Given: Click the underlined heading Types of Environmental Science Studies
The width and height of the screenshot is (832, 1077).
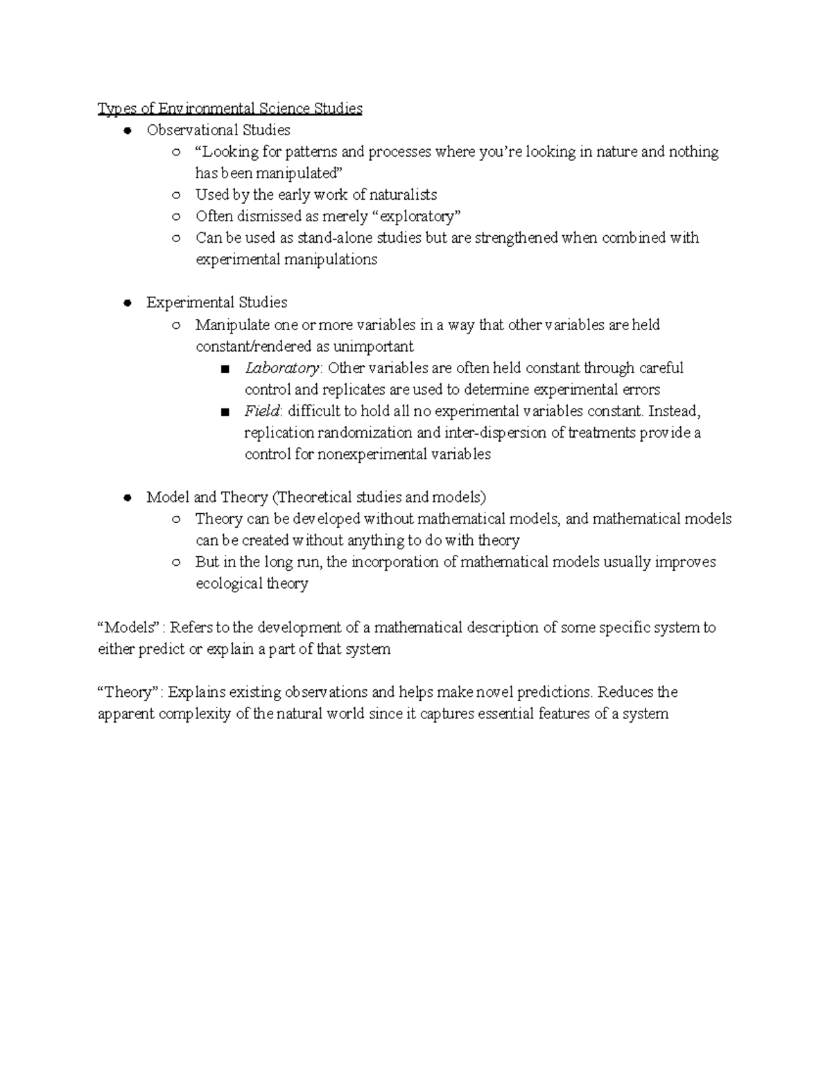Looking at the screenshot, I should [x=229, y=109].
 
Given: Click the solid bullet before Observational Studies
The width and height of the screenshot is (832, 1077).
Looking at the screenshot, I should [x=127, y=130].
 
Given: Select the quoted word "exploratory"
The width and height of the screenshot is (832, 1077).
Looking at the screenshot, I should [x=417, y=216].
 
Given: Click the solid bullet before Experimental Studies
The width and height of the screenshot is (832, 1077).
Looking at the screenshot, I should [x=127, y=303].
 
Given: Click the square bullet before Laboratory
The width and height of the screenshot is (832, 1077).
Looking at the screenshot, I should [x=225, y=369].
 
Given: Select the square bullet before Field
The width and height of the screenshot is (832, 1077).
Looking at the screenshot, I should [x=225, y=412].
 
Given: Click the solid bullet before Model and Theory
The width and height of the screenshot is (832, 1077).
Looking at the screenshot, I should [x=127, y=498].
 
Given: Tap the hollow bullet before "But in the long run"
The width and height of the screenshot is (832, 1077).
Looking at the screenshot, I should [x=176, y=562].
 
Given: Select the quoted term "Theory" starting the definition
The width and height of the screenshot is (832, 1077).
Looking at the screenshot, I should [x=128, y=692].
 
